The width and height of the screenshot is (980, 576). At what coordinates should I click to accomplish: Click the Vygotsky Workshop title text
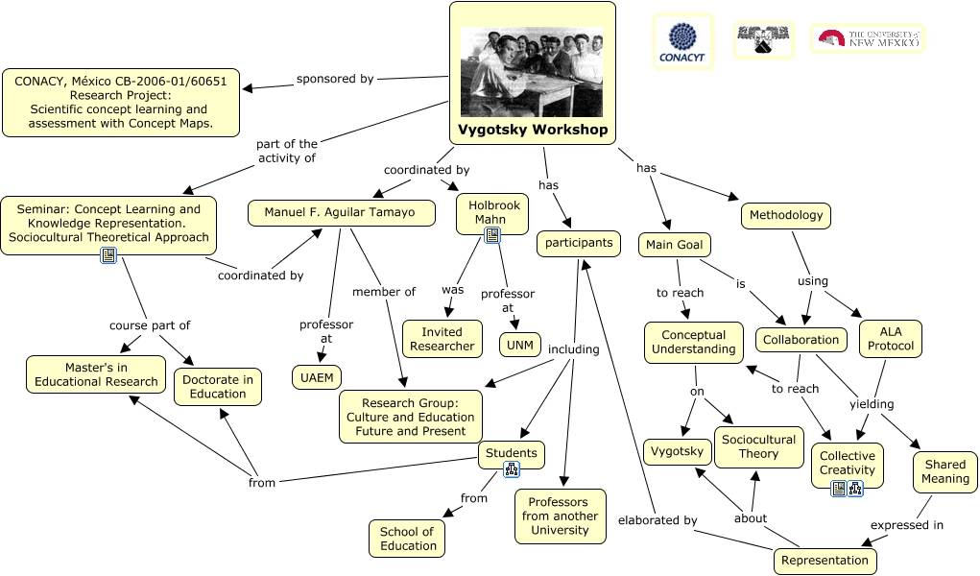tap(532, 130)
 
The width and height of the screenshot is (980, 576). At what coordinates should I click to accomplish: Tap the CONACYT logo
tap(682, 41)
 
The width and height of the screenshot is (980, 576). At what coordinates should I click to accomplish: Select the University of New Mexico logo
tap(867, 38)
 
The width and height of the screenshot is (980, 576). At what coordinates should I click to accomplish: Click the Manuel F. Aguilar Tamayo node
tap(339, 212)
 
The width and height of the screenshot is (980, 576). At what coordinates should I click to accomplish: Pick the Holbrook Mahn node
tap(492, 211)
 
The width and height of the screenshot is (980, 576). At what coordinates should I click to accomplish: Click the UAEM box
tap(316, 377)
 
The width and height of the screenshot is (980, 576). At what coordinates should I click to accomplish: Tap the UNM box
tap(519, 344)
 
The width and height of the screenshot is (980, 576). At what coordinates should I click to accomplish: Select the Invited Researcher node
tap(442, 338)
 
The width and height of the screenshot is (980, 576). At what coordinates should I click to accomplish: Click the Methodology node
tap(785, 215)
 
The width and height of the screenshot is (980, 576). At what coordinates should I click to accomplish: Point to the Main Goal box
tap(674, 245)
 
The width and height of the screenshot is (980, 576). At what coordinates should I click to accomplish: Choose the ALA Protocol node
tap(890, 338)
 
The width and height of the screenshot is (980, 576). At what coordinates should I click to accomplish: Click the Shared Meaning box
tap(944, 471)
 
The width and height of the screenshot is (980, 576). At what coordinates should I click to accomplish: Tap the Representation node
tap(825, 560)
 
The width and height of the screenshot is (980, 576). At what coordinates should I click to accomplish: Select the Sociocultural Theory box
tap(758, 446)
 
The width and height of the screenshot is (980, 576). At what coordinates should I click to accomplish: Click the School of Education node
tap(407, 539)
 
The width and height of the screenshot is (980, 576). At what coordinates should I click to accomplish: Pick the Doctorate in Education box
tap(217, 386)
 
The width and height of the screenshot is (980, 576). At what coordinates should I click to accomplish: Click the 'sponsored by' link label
tap(335, 79)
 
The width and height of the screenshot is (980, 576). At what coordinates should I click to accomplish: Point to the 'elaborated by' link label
tap(657, 520)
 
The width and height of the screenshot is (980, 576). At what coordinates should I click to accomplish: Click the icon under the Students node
tap(512, 469)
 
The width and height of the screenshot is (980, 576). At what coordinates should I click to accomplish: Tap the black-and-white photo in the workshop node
tap(532, 72)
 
